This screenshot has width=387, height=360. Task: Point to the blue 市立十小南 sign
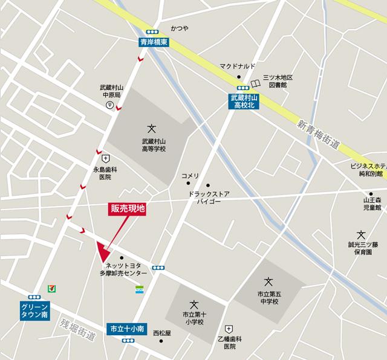(x=127, y=329)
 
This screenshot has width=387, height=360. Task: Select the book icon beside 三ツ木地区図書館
(x=256, y=83)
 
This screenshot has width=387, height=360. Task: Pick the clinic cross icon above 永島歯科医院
(x=105, y=158)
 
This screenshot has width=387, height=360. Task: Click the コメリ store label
(x=190, y=176)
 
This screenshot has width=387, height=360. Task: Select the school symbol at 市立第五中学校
(x=269, y=280)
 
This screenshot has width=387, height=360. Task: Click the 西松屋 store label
(x=162, y=332)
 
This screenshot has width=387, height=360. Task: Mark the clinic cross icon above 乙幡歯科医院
(x=229, y=328)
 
